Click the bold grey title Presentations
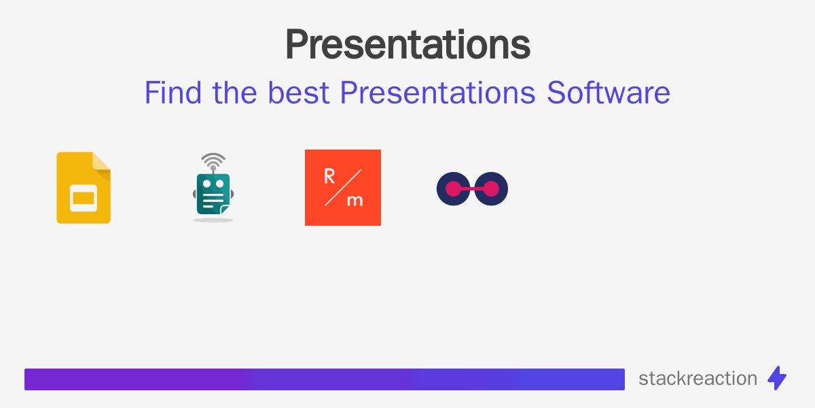[x=407, y=45]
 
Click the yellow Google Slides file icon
[x=84, y=188]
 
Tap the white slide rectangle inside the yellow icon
[x=84, y=198]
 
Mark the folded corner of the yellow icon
[x=102, y=161]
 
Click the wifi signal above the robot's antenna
[x=213, y=162]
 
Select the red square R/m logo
[x=343, y=188]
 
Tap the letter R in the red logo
[x=329, y=177]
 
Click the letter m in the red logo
[x=355, y=200]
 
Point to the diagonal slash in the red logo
[x=343, y=188]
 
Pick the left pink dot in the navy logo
[x=454, y=189]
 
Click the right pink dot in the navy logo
[x=490, y=189]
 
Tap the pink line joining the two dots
[x=472, y=189]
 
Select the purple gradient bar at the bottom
[x=325, y=379]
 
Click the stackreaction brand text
[x=698, y=379]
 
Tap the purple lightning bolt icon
[x=777, y=378]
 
